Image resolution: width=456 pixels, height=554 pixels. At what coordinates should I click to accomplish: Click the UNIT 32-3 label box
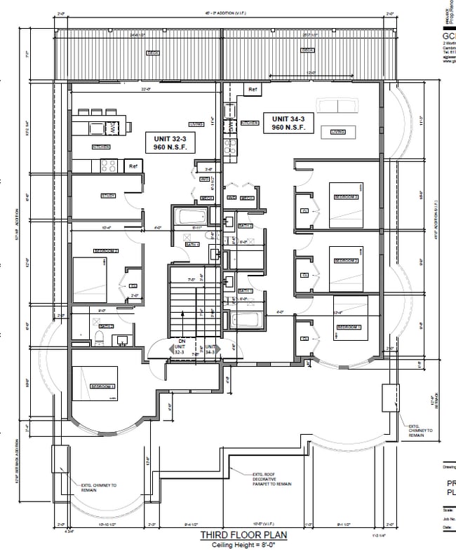tap(170, 143)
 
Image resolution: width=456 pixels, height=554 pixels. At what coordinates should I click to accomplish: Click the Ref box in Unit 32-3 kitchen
tap(133, 166)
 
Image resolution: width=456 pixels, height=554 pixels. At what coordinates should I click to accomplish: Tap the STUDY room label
tap(108, 196)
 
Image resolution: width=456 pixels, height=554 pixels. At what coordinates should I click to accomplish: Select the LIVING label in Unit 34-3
tap(338, 131)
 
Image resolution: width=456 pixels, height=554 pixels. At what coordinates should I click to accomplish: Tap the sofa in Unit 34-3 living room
tap(336, 105)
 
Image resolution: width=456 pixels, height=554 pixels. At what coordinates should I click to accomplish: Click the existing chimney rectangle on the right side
tap(389, 398)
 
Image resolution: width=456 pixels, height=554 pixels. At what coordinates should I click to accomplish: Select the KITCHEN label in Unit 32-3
tap(102, 147)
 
